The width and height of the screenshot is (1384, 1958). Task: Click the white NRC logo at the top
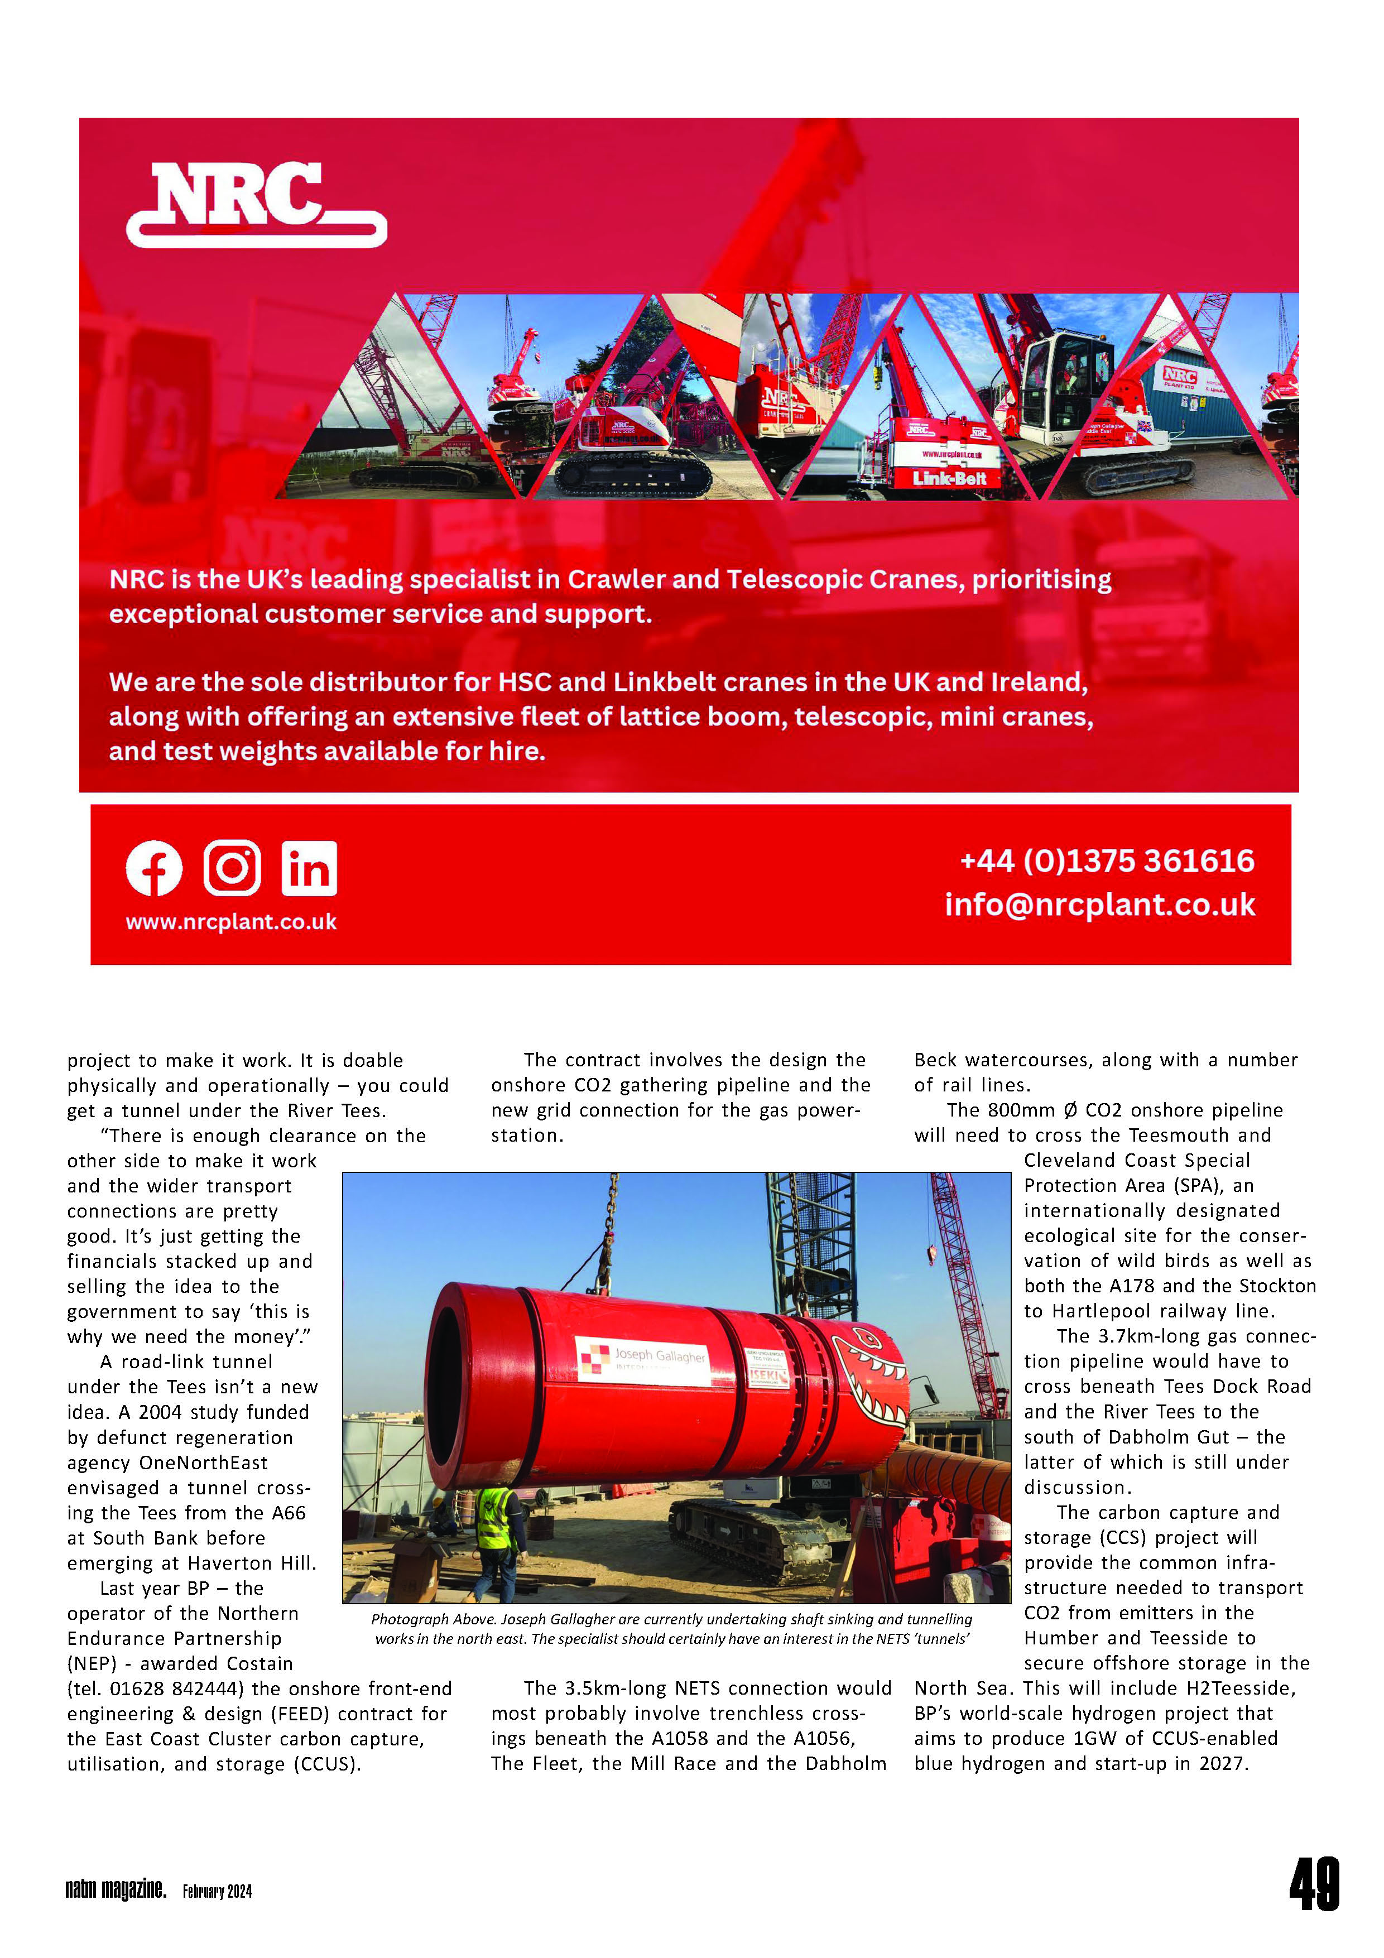click(x=256, y=205)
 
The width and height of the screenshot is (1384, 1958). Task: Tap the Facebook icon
click(x=155, y=868)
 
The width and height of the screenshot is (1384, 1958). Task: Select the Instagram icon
click(x=232, y=868)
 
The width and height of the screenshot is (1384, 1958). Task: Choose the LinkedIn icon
click(x=309, y=868)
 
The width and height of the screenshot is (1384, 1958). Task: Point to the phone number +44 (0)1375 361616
click(x=1107, y=862)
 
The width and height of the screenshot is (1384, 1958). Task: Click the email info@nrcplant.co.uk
click(x=1099, y=905)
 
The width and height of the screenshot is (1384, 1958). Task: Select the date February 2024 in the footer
click(x=218, y=1892)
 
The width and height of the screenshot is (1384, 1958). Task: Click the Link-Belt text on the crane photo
click(x=949, y=478)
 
